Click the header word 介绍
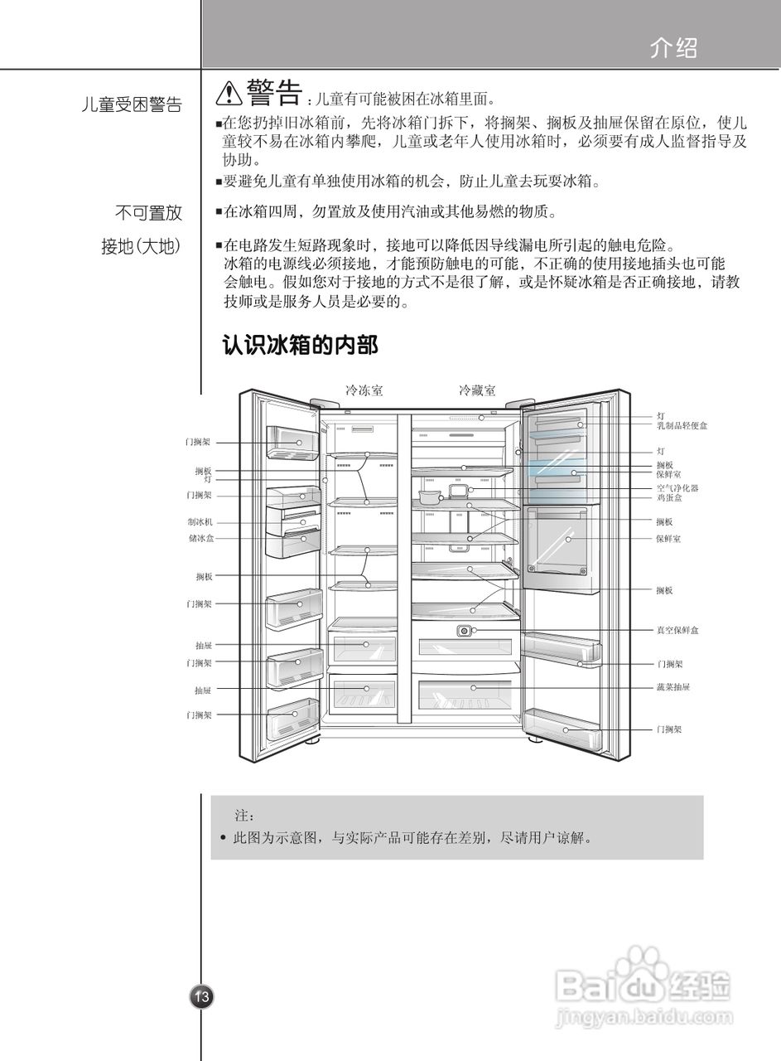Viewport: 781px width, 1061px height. pos(673,49)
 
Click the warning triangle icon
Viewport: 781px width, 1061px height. pos(229,94)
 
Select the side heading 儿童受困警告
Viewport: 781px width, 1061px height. pos(132,105)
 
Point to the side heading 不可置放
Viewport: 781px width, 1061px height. pos(148,213)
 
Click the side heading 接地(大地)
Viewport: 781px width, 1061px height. pos(141,247)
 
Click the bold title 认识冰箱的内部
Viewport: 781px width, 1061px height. pos(300,345)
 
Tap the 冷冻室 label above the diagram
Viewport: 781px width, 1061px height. pos(364,390)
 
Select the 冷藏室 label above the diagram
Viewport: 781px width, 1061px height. pos(478,390)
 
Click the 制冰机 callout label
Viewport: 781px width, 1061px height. pos(200,522)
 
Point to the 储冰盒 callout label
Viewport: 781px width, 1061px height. pos(200,538)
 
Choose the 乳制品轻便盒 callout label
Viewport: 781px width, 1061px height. pos(682,425)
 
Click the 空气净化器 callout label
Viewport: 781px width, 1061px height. pos(677,488)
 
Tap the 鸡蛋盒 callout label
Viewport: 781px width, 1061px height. pos(669,497)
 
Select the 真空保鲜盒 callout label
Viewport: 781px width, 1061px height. pos(677,631)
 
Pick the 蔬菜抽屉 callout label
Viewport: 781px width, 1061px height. pos(673,687)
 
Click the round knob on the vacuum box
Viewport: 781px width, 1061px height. pos(464,632)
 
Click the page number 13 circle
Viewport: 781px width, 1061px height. pos(202,996)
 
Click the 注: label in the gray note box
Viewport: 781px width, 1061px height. pos(243,817)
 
